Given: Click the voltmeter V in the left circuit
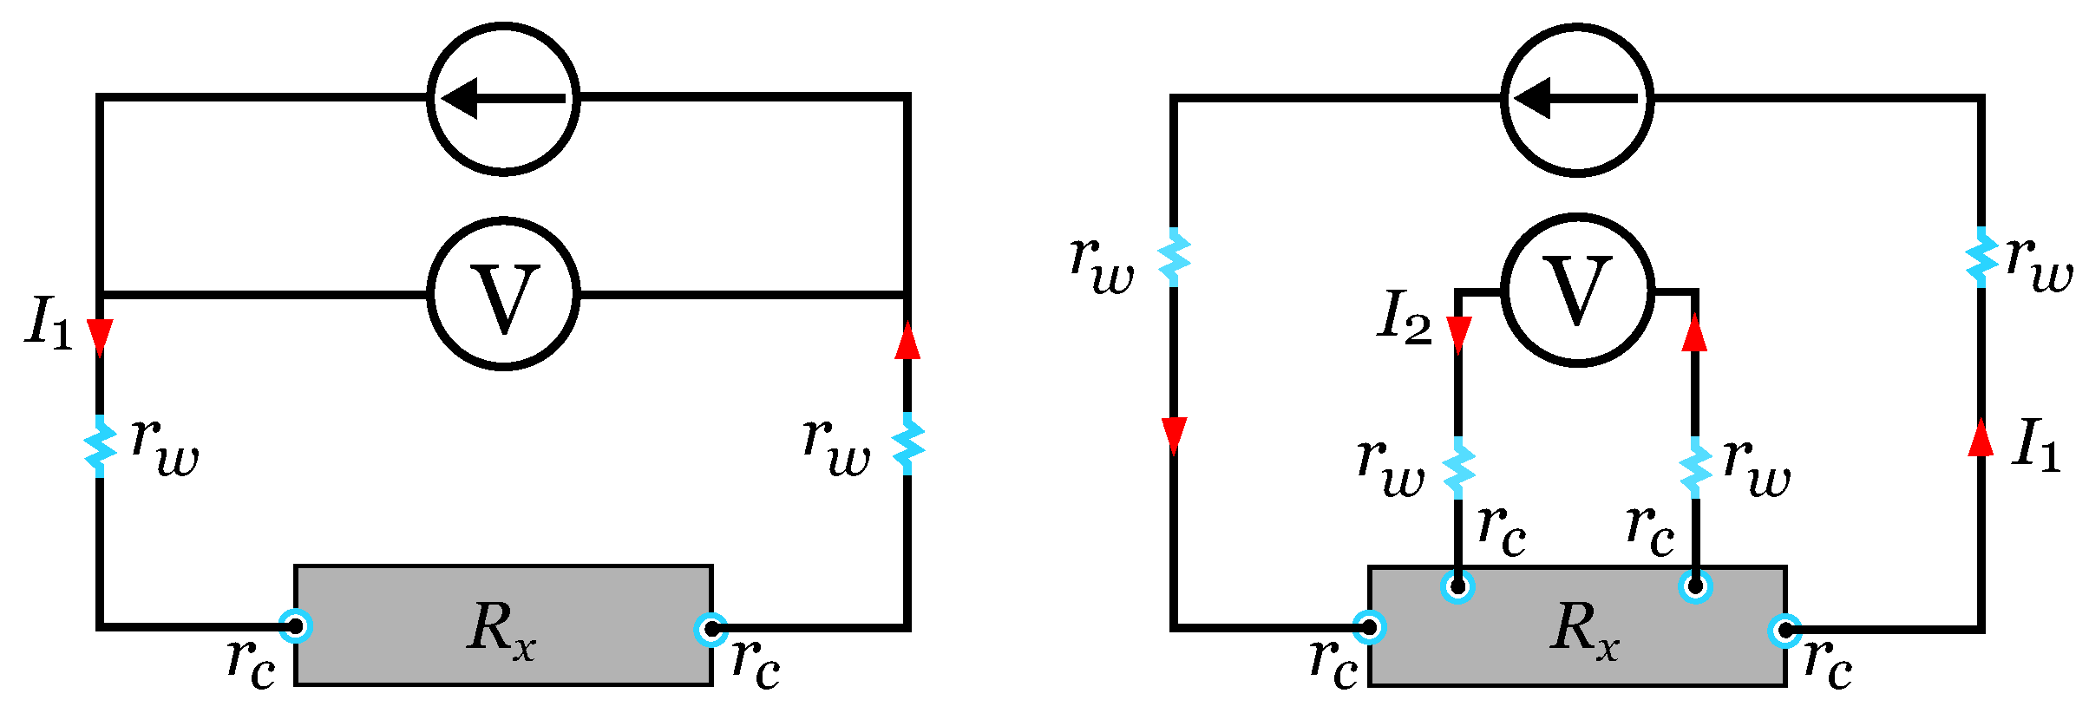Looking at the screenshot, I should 503,294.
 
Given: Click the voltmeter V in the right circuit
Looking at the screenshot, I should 1577,291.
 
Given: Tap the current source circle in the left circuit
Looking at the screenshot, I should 503,98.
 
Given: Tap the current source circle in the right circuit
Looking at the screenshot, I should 1577,100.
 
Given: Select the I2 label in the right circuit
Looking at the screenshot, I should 1405,317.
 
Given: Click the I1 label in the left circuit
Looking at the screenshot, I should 49,323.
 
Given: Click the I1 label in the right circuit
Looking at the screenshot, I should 2035,445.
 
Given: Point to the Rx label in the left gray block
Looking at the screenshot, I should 501,628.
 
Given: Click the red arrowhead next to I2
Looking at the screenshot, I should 1458,334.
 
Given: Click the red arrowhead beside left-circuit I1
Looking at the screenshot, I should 100,337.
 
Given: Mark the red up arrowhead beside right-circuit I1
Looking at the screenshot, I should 1981,439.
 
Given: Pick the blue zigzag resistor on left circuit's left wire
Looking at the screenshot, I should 100,446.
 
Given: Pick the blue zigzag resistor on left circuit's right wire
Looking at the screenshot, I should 907,444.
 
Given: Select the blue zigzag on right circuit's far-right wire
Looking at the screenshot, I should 1981,257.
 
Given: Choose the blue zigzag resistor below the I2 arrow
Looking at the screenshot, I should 1458,468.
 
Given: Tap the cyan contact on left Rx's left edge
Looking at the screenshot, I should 296,625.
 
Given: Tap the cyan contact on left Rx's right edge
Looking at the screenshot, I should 711,628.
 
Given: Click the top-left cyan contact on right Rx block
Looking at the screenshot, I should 1458,585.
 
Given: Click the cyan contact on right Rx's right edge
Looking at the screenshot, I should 1785,631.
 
